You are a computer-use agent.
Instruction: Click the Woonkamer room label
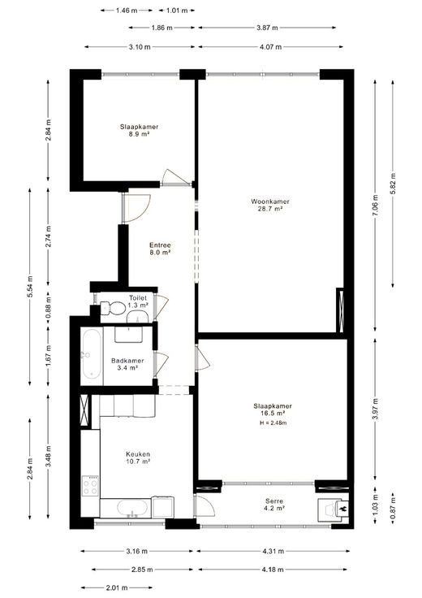pos(270,201)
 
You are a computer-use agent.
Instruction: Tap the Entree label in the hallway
pos(160,245)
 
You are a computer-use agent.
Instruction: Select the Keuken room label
pos(138,454)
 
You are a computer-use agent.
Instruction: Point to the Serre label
pos(274,501)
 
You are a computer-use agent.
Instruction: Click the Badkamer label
pos(127,361)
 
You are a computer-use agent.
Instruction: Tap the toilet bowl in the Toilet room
pos(113,308)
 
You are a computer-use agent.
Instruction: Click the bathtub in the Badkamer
pos(92,354)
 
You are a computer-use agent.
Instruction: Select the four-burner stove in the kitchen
pos(91,486)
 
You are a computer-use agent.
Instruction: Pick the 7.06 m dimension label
pos(376,206)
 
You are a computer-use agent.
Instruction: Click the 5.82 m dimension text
pos(393,184)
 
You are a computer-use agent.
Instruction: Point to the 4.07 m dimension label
pos(270,47)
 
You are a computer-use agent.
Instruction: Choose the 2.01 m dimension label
pos(117,587)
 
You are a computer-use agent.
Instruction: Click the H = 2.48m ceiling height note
pos(273,422)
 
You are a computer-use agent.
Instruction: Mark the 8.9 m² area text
pos(139,134)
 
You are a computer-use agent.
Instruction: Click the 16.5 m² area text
pos(273,414)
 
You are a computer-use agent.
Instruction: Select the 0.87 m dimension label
pos(393,509)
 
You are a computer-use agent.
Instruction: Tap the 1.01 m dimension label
pos(177,11)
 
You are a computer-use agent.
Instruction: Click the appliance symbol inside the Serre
pos(333,509)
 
